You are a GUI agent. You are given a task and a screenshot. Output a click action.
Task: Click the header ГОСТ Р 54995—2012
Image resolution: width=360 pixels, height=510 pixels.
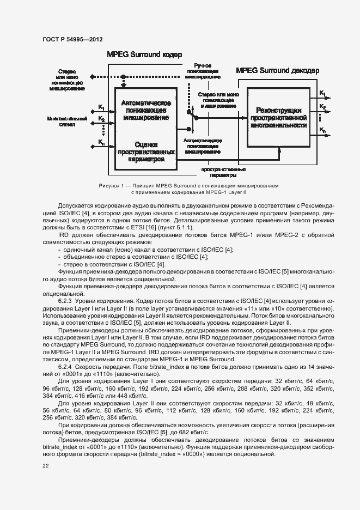(x=72, y=40)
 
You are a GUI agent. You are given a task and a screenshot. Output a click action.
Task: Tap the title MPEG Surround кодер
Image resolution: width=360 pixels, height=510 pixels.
(x=144, y=55)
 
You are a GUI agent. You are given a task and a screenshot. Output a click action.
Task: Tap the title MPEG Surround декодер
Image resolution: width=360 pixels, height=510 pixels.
(x=278, y=70)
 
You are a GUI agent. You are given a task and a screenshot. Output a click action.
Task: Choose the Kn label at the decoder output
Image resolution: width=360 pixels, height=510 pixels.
(x=323, y=130)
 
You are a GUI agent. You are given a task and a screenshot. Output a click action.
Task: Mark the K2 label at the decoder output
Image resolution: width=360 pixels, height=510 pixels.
(x=323, y=106)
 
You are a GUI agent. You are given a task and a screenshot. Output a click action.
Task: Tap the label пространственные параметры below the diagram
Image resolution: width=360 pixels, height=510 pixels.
(x=219, y=173)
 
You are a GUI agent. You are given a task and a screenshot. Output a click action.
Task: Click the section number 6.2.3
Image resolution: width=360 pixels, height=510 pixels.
(x=65, y=300)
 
